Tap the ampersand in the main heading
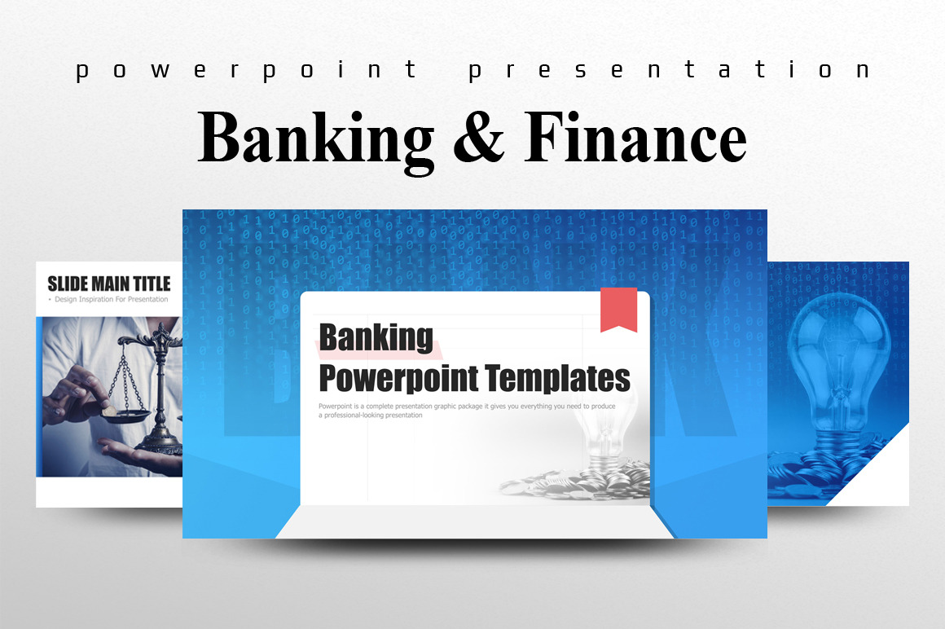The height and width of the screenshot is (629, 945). click(x=478, y=138)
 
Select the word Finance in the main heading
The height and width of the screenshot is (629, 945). click(x=635, y=138)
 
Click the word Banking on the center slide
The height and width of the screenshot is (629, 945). click(x=376, y=336)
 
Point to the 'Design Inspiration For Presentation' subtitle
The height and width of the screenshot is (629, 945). click(x=109, y=300)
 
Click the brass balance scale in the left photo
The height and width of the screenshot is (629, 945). click(x=155, y=383)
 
